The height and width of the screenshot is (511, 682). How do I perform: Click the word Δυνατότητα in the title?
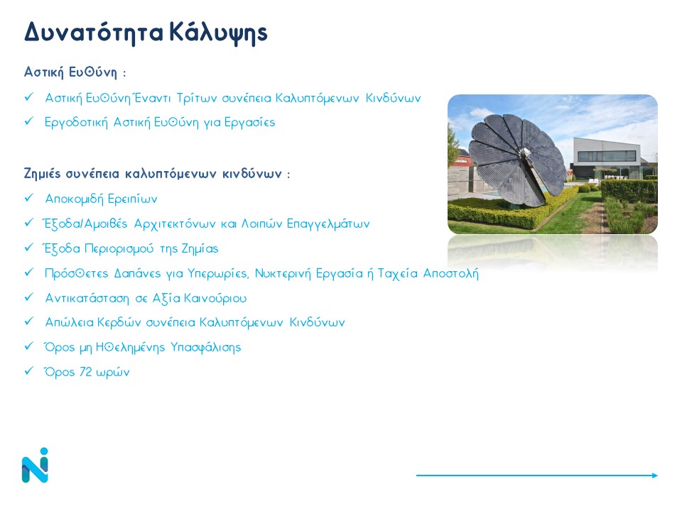(94, 32)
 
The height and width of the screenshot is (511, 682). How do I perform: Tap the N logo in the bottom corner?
(35, 465)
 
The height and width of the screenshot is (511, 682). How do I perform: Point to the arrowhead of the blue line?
(655, 476)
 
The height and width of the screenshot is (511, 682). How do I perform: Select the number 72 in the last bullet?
(86, 372)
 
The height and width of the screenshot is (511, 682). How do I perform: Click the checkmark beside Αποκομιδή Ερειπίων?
(29, 198)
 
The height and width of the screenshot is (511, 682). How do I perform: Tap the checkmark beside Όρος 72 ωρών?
(29, 371)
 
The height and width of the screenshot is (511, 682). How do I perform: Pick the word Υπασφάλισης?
(206, 348)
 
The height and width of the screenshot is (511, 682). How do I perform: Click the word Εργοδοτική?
(76, 123)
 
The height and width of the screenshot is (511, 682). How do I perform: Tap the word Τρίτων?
(197, 98)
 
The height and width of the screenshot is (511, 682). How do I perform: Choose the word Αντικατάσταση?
(87, 299)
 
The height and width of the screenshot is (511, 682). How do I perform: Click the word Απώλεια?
(70, 322)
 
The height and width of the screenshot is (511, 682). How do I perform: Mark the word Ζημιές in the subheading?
(42, 174)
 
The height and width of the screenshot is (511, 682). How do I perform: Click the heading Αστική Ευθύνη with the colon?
(75, 72)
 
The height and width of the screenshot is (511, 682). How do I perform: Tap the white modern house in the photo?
(608, 158)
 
